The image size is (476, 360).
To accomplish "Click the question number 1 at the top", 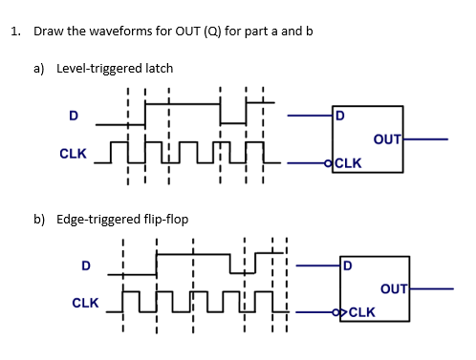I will tap(15, 32).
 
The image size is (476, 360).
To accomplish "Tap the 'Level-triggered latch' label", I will tap(115, 69).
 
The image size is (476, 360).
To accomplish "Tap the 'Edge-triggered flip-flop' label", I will tap(122, 219).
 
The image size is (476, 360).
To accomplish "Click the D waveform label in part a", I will tap(72, 116).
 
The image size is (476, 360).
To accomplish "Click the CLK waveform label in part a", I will tap(74, 153).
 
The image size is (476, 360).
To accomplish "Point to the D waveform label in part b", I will tap(86, 265).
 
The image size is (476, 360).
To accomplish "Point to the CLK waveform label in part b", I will tap(86, 303).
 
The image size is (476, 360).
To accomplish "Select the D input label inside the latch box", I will tap(339, 117).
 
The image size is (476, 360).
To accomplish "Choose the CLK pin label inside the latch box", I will tap(348, 162).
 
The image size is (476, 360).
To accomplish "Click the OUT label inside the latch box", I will tap(387, 139).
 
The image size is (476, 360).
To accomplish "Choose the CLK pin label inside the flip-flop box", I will tap(361, 311).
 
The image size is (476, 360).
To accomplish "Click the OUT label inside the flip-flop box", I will tap(394, 288).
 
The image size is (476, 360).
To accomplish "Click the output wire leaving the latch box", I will tap(426, 139).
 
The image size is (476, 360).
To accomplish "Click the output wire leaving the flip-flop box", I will tap(432, 287).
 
